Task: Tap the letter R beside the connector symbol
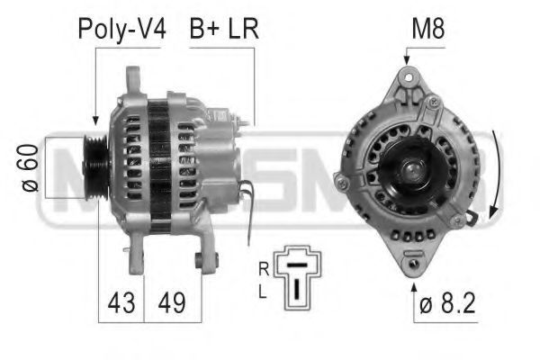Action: [x=262, y=268]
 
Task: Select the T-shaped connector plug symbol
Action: [x=294, y=274]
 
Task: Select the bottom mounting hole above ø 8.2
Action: [x=413, y=264]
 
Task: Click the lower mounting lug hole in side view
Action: [x=200, y=260]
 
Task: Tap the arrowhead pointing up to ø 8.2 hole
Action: [x=413, y=286]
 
